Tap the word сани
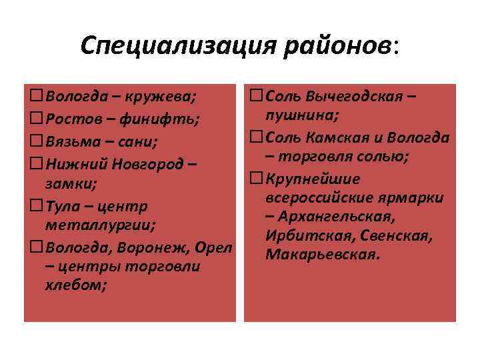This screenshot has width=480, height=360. pos(135,141)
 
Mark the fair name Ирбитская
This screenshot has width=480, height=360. pos(300,237)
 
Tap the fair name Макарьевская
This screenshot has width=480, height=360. pos(323,256)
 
